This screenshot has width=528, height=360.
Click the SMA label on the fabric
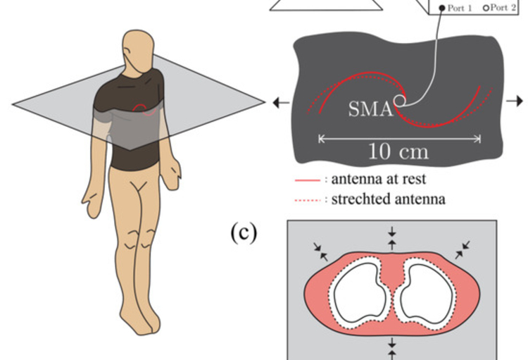coord(370,109)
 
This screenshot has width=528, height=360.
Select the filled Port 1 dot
coord(442,8)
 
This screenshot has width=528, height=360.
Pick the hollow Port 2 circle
coord(485,8)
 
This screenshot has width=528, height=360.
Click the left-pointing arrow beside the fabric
coord(279,103)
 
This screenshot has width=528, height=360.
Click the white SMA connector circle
coord(400,101)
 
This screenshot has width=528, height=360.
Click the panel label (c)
coord(244,234)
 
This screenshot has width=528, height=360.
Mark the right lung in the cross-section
coord(427,292)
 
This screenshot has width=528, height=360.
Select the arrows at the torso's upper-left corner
coord(320,247)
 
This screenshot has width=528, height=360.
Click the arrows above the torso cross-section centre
coord(392,236)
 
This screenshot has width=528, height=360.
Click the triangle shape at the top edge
coord(327,5)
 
